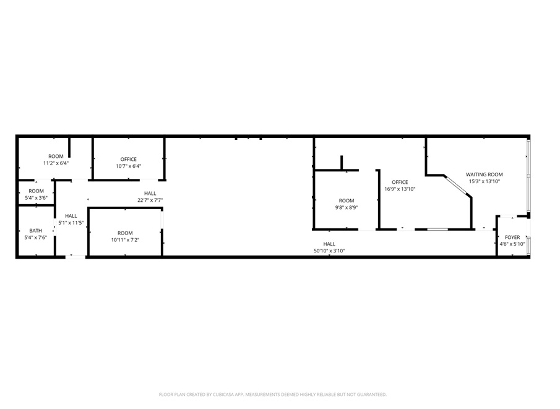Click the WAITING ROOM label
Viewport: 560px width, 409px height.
point(485,174)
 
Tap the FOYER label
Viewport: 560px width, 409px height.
point(512,237)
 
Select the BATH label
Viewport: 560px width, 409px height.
point(36,231)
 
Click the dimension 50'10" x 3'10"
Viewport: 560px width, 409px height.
point(329,251)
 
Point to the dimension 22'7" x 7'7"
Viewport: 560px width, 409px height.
point(150,200)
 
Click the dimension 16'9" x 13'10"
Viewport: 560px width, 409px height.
point(400,189)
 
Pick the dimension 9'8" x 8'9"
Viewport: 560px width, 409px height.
point(347,207)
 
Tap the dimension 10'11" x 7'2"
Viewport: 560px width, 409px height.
point(125,239)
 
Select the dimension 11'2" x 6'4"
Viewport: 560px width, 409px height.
point(56,163)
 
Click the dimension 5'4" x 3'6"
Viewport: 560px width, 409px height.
point(36,197)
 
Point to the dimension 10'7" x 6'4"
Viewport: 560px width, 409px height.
point(129,166)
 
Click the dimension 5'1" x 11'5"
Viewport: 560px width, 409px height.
point(71,223)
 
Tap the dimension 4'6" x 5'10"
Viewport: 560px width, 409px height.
point(512,244)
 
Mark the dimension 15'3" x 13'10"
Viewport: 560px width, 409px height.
point(485,181)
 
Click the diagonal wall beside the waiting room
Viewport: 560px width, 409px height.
point(458,186)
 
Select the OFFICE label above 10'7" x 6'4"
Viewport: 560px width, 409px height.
point(129,159)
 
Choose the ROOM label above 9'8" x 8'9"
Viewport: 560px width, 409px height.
point(347,200)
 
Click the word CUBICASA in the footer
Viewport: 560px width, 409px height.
point(223,395)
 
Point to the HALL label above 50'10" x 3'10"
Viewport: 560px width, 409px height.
point(329,244)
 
